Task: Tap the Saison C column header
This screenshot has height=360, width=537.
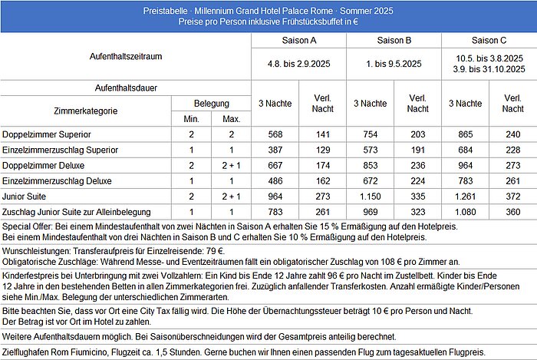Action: click(489, 41)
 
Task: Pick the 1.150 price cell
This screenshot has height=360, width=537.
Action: click(371, 196)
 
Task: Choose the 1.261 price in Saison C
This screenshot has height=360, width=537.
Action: click(466, 196)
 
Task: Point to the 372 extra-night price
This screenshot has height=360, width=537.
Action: click(513, 196)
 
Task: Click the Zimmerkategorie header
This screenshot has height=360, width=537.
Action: click(86, 111)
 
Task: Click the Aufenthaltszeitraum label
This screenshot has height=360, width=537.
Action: click(126, 56)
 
